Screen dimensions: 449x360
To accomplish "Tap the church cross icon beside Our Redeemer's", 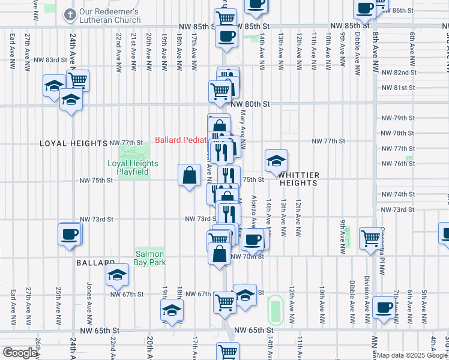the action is tap(70, 13).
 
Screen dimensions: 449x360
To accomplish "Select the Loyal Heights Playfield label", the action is tap(133, 167).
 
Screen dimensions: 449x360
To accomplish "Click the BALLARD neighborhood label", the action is tap(95, 263).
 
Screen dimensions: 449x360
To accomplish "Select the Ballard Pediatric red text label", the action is tap(180, 140).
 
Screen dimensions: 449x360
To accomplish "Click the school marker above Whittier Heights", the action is tap(276, 160).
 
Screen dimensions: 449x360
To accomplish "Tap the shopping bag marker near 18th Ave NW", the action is tap(190, 175).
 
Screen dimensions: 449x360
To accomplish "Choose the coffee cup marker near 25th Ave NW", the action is tap(70, 233).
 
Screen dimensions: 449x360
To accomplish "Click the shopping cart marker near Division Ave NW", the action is tap(369, 238).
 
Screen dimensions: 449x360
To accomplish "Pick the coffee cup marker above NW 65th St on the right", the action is tap(383, 308).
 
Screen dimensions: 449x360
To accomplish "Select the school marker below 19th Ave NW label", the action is tap(172, 310).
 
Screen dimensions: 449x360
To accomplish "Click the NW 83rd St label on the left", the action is tap(50, 60).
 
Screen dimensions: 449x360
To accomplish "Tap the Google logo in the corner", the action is tap(19, 353).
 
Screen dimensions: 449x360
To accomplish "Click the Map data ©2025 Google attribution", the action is tap(412, 355).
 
